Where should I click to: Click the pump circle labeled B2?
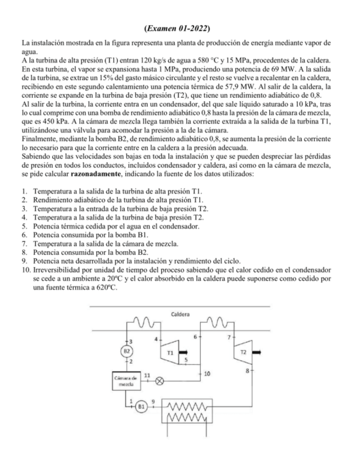click(126, 351)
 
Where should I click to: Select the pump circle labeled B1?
click(141, 407)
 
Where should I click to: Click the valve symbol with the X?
click(160, 380)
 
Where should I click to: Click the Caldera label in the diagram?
click(180, 314)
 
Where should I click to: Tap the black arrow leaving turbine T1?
click(183, 350)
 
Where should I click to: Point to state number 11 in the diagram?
click(147, 374)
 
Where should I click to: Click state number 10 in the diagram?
click(207, 374)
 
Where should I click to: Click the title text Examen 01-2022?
click(180, 27)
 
